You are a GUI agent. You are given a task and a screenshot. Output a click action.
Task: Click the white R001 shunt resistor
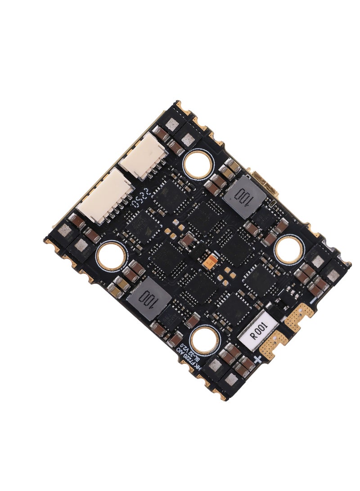point(260,334)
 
